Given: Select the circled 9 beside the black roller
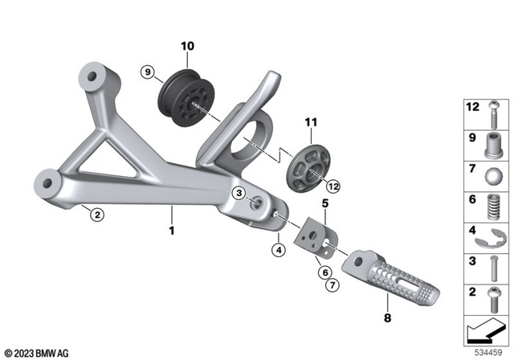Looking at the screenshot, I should point(146,73).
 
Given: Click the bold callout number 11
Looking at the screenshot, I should point(312,122).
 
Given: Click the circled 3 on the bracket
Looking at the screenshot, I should point(239,194).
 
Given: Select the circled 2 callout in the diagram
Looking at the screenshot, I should point(96,215).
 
